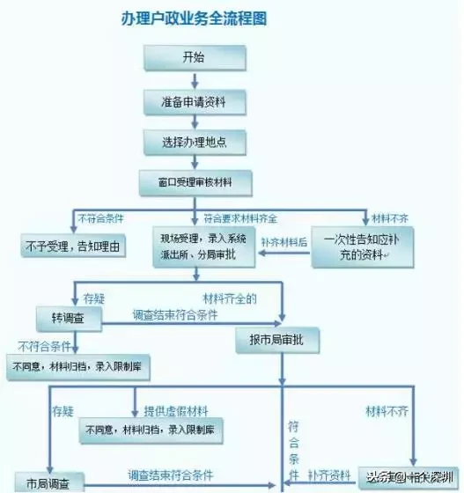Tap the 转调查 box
pos(71,314)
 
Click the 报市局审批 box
pos(277,340)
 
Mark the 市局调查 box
pos(43,482)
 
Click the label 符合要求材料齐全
pos(240,217)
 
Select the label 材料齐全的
pos(229,298)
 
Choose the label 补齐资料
pos(334,476)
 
